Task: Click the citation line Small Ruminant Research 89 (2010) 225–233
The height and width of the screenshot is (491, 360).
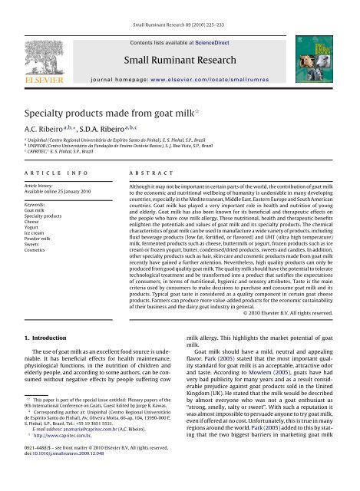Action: point(180,6)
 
